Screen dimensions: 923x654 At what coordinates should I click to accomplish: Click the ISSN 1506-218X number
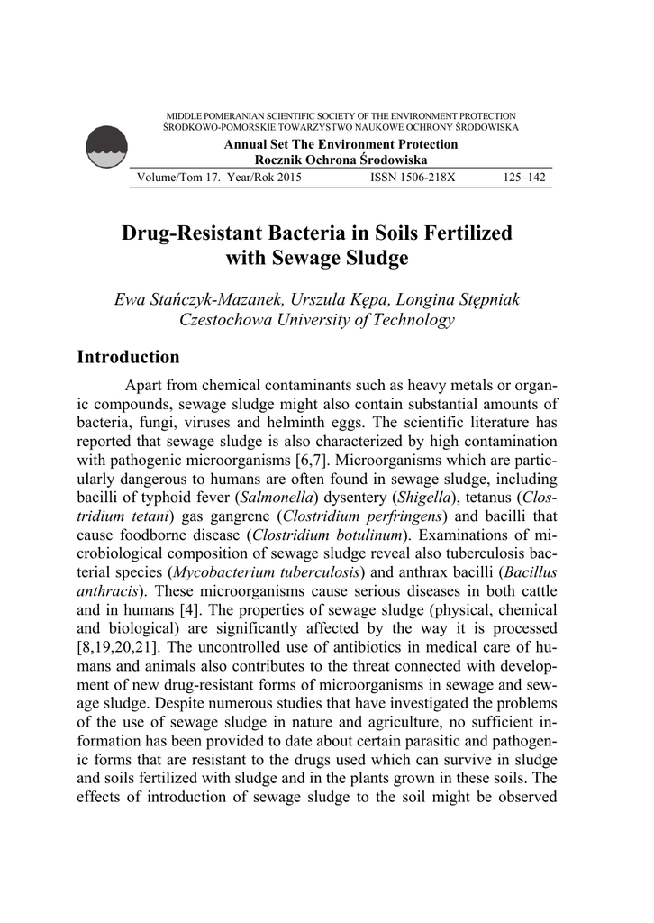click(x=413, y=178)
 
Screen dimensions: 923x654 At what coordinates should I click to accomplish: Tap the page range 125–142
click(x=522, y=178)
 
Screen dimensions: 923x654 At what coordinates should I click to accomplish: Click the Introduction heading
click(x=128, y=358)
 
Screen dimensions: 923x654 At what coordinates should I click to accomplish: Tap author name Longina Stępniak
click(x=459, y=299)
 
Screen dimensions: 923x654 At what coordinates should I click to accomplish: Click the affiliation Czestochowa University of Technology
click(x=317, y=319)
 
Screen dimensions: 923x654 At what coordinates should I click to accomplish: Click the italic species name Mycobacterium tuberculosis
click(x=268, y=572)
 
